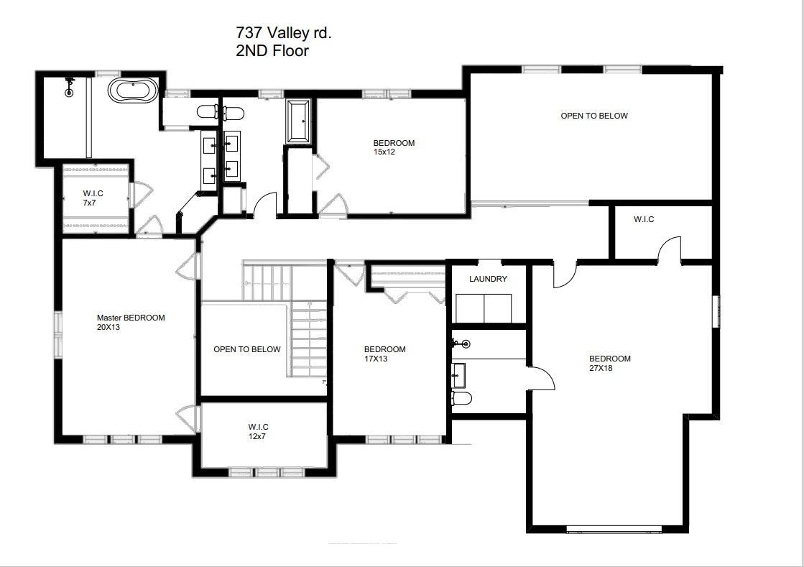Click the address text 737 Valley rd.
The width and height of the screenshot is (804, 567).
point(284,33)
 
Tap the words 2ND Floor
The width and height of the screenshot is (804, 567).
point(272,51)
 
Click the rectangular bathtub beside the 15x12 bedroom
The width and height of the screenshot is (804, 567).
point(299,121)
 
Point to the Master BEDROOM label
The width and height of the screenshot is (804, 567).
point(131,318)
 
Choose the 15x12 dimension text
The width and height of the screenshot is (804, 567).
point(384,152)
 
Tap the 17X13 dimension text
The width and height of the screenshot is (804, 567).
point(376,359)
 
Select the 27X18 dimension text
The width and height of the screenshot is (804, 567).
point(601,369)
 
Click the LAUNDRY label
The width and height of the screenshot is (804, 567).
point(488,279)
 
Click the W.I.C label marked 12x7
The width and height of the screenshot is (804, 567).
point(259,427)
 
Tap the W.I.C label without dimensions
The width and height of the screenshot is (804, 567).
point(644,219)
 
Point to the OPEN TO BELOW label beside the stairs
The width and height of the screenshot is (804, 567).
point(246,349)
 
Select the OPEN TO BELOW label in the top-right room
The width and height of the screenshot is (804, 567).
point(594,116)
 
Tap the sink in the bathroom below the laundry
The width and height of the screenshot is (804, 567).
point(459,374)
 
